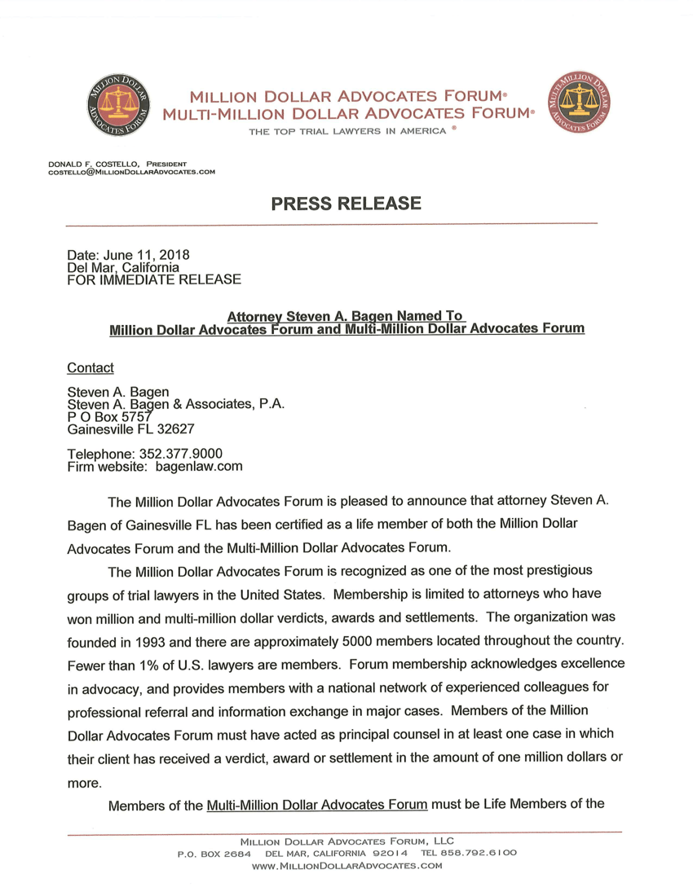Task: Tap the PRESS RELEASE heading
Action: point(346,204)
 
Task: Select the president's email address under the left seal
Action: point(132,171)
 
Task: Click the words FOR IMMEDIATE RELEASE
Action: point(154,279)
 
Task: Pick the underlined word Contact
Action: point(90,367)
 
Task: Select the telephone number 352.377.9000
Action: point(183,454)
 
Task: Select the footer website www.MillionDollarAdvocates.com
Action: point(347,866)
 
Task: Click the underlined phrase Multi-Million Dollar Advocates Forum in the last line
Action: point(317,806)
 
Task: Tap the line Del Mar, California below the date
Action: point(123,267)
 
